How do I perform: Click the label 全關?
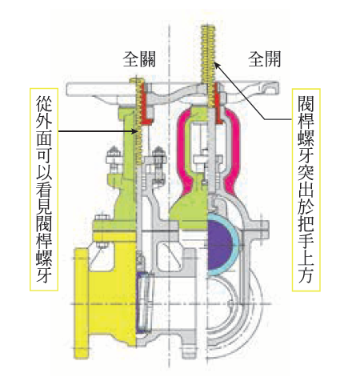139,59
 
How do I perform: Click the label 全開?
264,59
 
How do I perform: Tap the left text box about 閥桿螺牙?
44,189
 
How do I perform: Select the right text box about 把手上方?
306,190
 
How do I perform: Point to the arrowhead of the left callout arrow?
135,131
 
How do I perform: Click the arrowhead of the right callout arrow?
217,65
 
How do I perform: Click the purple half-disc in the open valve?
219,244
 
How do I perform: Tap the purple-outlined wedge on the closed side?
144,303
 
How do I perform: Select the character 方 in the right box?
306,275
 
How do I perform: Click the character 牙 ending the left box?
44,274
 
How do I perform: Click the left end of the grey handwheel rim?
67,89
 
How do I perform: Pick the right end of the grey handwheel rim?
278,88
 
